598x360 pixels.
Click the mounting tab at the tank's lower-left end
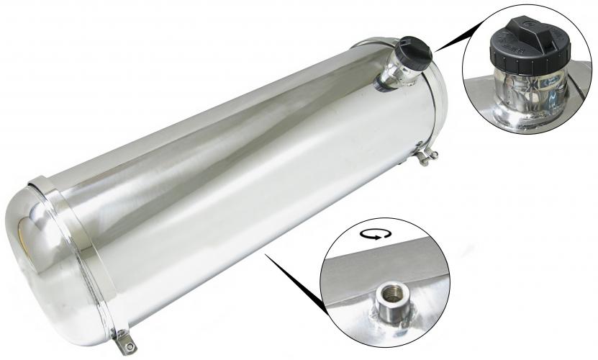(x=124, y=335)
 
